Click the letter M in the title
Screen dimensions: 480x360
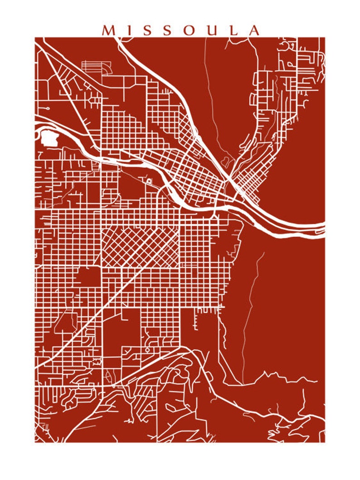[x=109, y=30]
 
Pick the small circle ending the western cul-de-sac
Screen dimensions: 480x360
[x=47, y=109]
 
